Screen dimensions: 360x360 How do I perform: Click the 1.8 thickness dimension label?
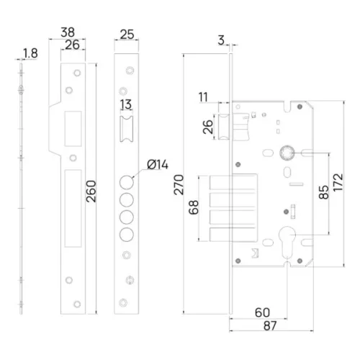pos(30,53)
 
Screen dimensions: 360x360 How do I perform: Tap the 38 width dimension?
pos(68,32)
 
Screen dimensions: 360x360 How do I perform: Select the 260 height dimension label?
pos(91,192)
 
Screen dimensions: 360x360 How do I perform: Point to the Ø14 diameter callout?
pos(158,165)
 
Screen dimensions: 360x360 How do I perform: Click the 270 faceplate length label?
pos(179,184)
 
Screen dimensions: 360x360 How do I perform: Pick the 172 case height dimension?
pos(338,182)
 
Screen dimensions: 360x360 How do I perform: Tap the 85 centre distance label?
pos(324,192)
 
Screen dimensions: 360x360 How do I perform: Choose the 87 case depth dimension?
pos(270,325)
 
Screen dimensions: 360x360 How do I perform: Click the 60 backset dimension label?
pos(262,312)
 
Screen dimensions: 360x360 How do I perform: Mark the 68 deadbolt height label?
pos(194,207)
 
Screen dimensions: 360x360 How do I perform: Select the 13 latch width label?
pos(126,104)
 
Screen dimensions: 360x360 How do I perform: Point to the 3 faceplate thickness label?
pos(221,40)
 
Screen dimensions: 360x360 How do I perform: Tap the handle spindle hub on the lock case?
pos(287,153)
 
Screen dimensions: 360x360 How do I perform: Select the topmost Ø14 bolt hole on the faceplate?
pos(127,182)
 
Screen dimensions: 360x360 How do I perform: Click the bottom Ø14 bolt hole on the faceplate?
pos(127,235)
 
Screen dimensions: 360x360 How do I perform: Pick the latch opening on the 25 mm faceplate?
pos(127,129)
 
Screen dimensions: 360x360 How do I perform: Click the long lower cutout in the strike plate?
pos(73,208)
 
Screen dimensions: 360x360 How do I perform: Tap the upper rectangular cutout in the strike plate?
pos(73,129)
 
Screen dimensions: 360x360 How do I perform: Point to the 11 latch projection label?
pos(203,97)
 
